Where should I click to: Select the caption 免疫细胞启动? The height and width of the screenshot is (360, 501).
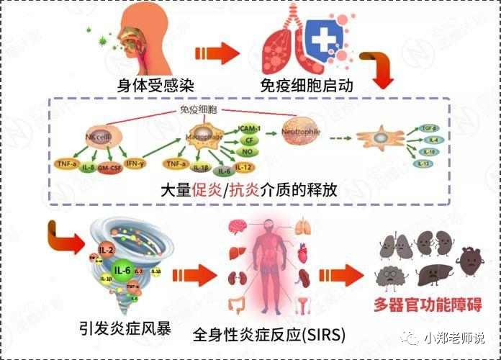tap(311, 86)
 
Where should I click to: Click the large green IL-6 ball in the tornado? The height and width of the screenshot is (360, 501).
tap(123, 269)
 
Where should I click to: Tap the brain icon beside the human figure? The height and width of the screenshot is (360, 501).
tap(237, 228)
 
